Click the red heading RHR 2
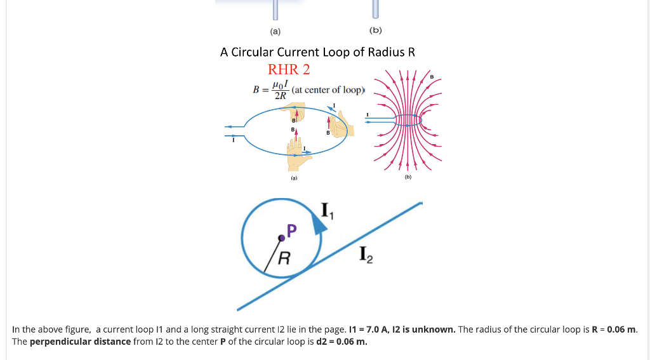click(x=289, y=69)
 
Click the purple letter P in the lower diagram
click(x=291, y=230)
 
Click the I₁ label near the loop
click(x=328, y=210)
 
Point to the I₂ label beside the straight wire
click(x=366, y=255)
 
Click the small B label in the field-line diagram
click(x=432, y=77)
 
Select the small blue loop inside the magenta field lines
click(x=408, y=121)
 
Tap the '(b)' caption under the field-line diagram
click(x=408, y=177)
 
